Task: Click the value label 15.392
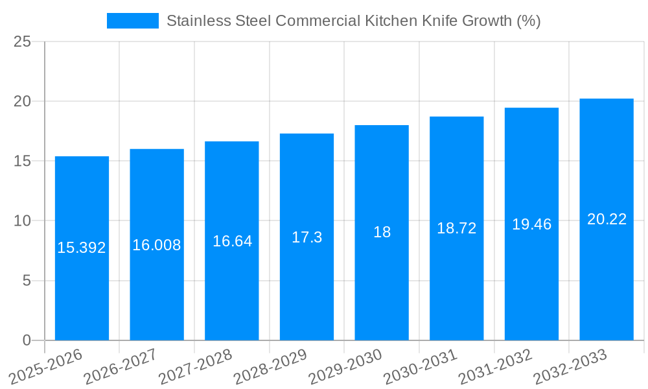82,248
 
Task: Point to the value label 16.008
157,245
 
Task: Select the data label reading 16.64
232,241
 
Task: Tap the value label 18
382,232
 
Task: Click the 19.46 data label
531,224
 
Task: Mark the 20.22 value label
607,219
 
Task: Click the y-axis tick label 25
22,42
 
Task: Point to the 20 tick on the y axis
22,102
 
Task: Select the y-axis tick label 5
27,281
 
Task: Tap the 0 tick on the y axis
27,340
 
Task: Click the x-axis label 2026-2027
121,367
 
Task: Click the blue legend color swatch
132,21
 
